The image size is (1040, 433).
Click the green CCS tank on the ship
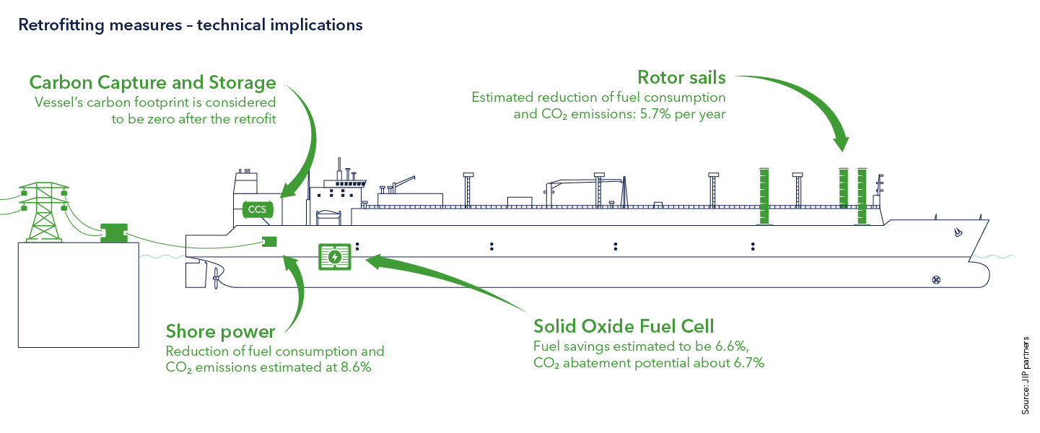(x=257, y=209)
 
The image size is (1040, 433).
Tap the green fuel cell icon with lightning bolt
(x=335, y=256)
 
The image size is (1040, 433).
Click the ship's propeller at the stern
(x=215, y=278)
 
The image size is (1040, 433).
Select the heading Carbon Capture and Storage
(x=152, y=82)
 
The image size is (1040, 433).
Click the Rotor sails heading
(x=681, y=77)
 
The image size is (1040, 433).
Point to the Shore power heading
(x=220, y=331)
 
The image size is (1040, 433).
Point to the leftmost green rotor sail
(x=764, y=196)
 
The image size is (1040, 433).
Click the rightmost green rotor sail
(x=861, y=196)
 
